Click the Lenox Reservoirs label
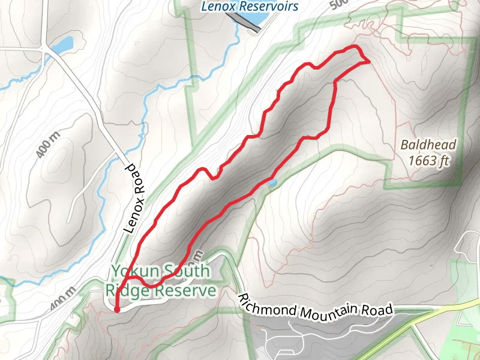(x=250, y=7)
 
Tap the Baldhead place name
(x=428, y=145)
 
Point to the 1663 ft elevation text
(x=428, y=160)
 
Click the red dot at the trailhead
(x=117, y=310)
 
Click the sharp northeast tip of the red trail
(x=367, y=61)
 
